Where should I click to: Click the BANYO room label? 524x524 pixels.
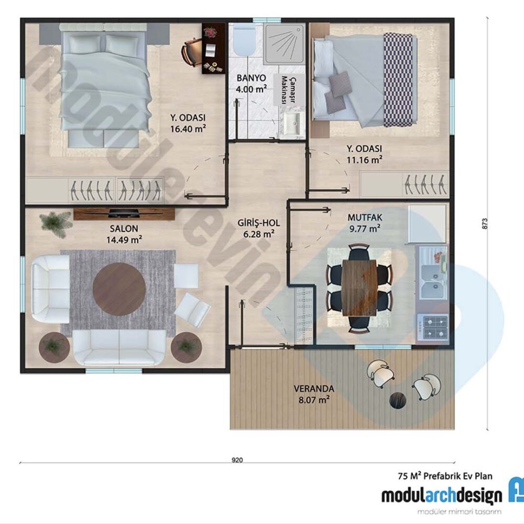tap(252, 78)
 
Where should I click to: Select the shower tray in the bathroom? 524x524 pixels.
tap(285, 43)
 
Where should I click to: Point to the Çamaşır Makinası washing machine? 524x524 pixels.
tap(289, 90)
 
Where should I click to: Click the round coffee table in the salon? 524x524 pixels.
tap(119, 289)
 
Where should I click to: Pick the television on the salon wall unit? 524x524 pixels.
tap(124, 213)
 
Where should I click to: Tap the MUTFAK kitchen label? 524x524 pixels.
tap(365, 217)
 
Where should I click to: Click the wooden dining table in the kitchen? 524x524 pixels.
tap(359, 288)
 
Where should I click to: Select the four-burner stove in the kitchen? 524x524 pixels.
tap(435, 327)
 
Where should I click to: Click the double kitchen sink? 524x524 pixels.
tap(434, 281)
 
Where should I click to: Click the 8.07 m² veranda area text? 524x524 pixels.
tap(314, 400)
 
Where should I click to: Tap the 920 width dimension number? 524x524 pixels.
tap(237, 460)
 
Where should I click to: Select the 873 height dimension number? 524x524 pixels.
tap(485, 223)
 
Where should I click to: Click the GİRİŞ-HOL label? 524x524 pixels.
tap(259, 223)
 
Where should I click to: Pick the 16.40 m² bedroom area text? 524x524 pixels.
tap(188, 129)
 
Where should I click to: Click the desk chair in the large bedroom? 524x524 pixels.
tap(189, 52)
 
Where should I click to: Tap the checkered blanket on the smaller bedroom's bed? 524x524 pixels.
tap(398, 80)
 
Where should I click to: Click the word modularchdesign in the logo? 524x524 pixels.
tap(441, 497)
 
